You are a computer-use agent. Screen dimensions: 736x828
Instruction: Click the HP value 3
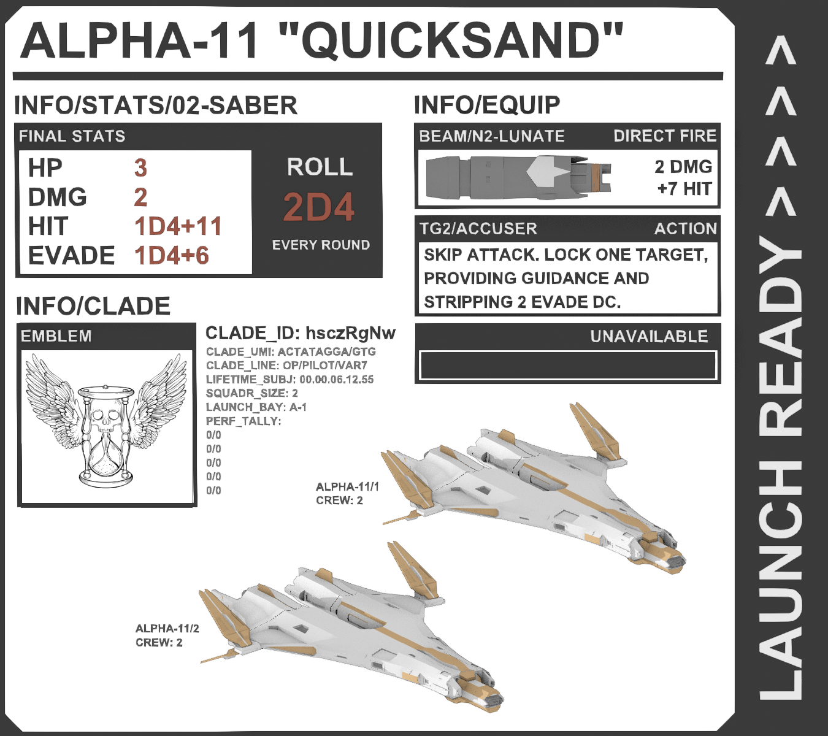(x=140, y=167)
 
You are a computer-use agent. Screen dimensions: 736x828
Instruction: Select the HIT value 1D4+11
(x=178, y=226)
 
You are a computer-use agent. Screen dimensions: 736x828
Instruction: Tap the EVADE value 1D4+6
(x=172, y=256)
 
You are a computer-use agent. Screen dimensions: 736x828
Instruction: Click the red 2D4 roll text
(x=319, y=207)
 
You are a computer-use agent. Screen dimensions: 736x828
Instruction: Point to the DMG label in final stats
(x=57, y=197)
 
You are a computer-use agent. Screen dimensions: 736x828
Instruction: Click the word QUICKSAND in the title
(x=451, y=40)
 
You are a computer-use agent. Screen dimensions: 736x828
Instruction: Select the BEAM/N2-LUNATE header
(x=492, y=136)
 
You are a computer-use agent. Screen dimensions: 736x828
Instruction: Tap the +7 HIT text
(x=684, y=188)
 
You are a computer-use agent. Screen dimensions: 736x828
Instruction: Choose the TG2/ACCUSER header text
(x=478, y=229)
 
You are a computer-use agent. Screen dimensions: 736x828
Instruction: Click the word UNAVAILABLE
(x=649, y=336)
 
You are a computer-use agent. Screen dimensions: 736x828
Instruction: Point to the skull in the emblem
(x=106, y=421)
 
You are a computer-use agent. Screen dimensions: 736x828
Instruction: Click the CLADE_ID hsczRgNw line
(x=301, y=333)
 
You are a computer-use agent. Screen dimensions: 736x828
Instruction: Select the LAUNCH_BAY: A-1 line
(x=256, y=407)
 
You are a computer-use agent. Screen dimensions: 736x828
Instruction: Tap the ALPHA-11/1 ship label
(x=347, y=487)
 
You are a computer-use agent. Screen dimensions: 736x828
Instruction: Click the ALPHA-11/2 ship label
(x=167, y=629)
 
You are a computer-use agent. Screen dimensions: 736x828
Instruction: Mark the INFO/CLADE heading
(x=93, y=306)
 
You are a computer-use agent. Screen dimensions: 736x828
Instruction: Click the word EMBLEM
(x=56, y=336)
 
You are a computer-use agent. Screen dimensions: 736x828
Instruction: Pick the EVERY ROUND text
(x=321, y=245)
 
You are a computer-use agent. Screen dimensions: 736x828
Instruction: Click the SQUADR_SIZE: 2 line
(x=252, y=393)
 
